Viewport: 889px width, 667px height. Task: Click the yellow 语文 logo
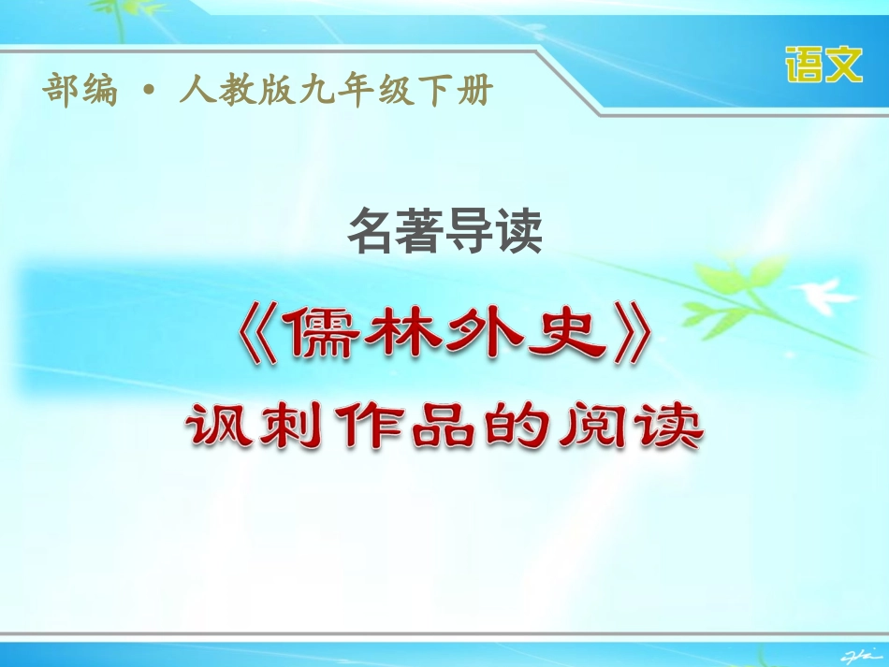pyautogui.click(x=823, y=65)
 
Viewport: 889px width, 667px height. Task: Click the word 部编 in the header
pyautogui.click(x=80, y=91)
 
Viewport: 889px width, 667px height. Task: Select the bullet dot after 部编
pyautogui.click(x=147, y=92)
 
